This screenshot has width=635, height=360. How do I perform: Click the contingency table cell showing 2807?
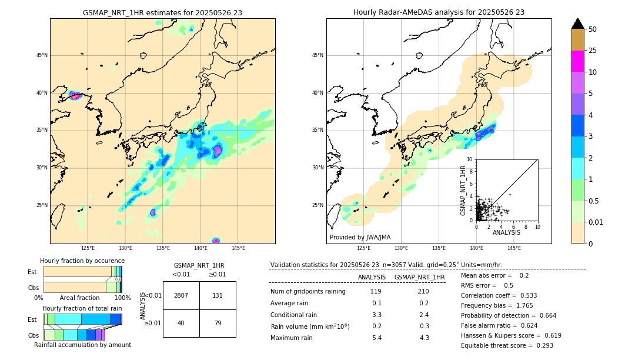[181, 295]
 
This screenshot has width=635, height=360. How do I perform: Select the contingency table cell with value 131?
[218, 295]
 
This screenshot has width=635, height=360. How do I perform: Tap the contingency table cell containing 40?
[181, 323]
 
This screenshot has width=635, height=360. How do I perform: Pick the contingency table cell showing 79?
[218, 323]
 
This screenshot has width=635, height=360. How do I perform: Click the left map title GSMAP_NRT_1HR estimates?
[162, 12]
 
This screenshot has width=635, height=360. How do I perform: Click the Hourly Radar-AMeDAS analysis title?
[439, 12]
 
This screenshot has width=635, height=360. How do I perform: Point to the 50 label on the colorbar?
[593, 29]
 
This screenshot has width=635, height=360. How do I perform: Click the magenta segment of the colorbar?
[577, 61]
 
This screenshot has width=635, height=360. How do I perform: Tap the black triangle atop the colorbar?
[577, 24]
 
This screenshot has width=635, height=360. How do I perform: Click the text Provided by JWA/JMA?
[360, 238]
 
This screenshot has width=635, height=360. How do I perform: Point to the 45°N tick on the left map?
[41, 55]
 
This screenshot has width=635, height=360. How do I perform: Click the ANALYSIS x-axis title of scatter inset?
[506, 232]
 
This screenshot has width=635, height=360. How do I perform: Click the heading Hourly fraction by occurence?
[82, 261]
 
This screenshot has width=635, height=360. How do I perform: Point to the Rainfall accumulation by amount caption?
[82, 345]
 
